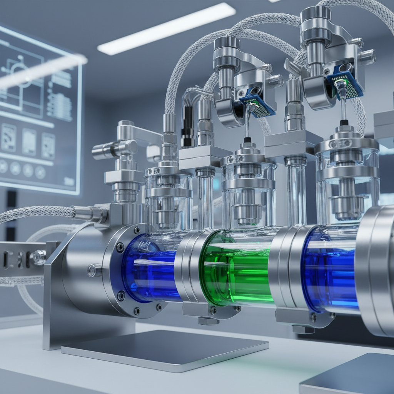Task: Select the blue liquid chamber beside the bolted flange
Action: (x=152, y=269)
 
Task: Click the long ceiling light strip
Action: (x=166, y=29)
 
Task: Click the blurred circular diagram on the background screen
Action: (x=17, y=71)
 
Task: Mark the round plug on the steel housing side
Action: (x=92, y=270)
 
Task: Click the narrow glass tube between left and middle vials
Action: (x=205, y=200)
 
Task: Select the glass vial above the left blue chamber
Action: (x=169, y=200)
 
